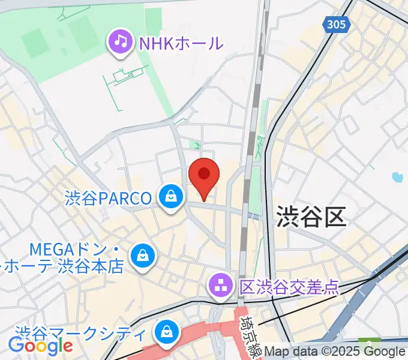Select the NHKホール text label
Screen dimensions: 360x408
181,43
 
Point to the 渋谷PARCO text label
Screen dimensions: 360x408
108,198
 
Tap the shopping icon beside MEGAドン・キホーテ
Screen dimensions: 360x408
143,256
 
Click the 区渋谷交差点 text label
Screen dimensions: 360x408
288,286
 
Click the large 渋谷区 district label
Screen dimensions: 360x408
311,216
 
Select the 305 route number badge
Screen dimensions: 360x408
336,25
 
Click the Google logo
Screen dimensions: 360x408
41,346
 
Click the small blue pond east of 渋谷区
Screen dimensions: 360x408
396,177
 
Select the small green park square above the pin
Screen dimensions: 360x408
194,145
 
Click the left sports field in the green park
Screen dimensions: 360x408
38,42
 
